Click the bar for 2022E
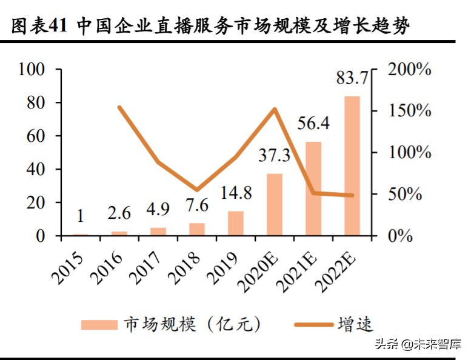352,165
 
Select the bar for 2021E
313,188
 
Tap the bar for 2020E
275,204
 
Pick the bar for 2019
236,223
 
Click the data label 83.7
352,78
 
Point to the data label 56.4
313,123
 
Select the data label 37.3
274,156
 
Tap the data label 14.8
235,193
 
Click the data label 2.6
119,214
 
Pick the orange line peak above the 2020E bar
275,110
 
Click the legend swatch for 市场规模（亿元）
99,325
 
